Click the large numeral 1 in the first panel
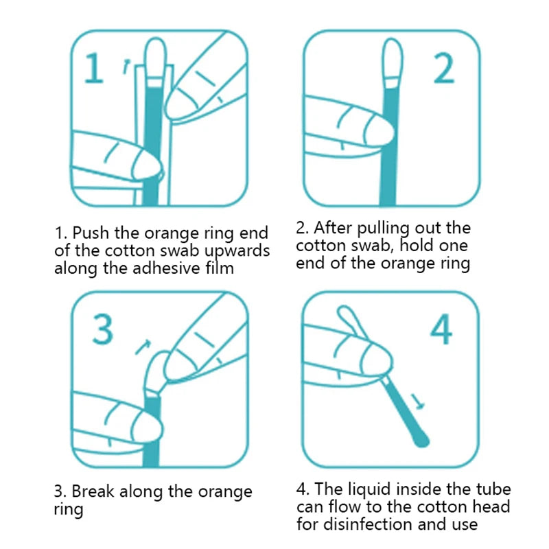coord(94,69)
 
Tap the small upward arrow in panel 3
coord(143,347)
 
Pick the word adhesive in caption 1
coord(165,268)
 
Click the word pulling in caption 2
coord(391,229)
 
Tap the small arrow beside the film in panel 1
coord(126,66)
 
